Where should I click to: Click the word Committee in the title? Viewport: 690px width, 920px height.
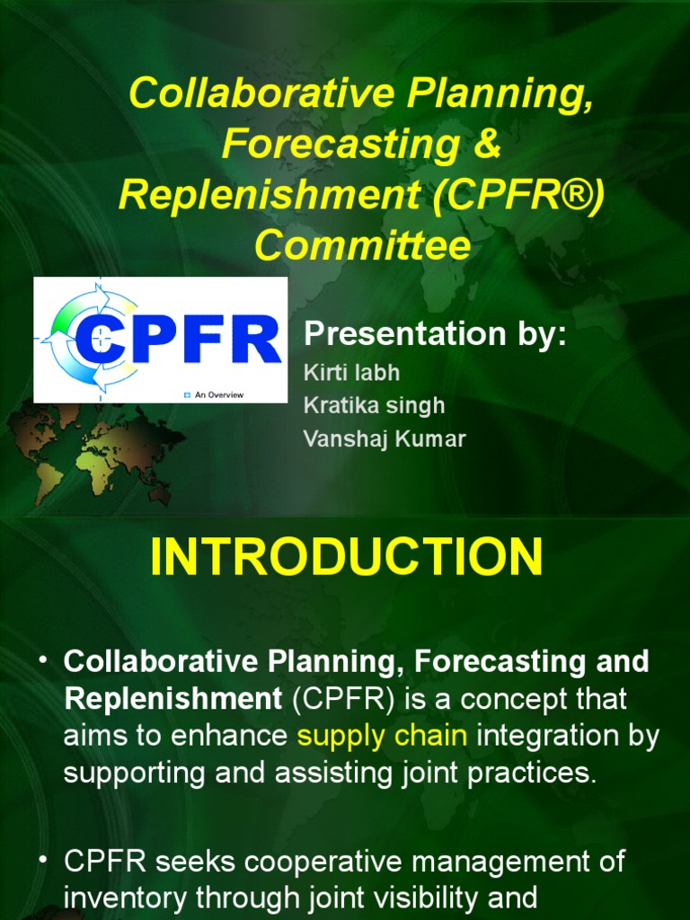click(362, 245)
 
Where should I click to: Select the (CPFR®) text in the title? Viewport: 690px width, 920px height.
click(517, 195)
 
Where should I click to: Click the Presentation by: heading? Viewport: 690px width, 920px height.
click(436, 334)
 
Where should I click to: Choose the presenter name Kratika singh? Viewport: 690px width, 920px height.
click(374, 405)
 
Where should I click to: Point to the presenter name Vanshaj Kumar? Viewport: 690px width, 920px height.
click(385, 439)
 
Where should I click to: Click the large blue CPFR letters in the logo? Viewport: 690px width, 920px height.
click(178, 340)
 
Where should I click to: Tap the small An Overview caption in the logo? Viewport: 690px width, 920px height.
click(218, 394)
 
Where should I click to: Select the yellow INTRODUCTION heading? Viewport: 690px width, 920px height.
click(346, 558)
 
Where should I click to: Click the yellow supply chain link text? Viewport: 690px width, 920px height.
click(382, 736)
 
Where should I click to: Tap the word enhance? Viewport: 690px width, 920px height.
click(238, 736)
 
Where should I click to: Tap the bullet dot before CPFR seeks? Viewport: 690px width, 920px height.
click(42, 860)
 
